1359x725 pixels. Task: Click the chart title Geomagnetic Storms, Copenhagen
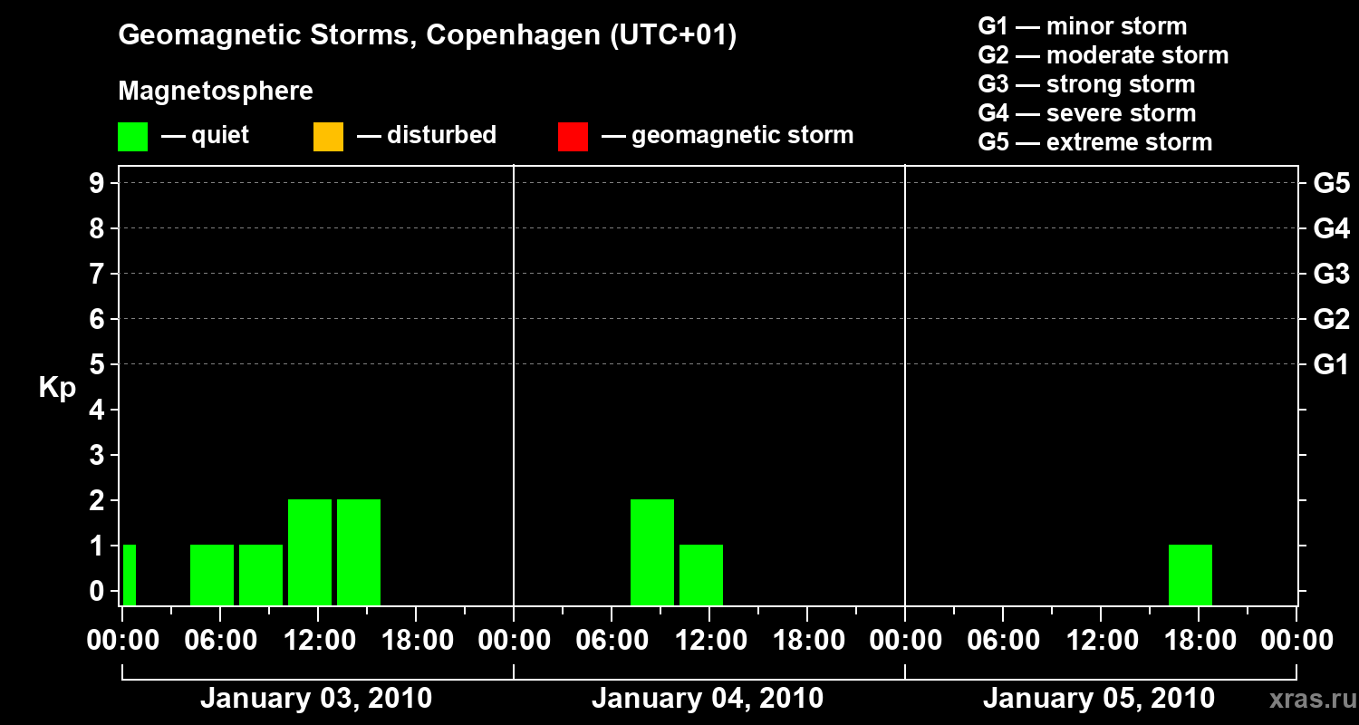pyautogui.click(x=427, y=35)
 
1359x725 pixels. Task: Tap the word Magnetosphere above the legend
pyautogui.click(x=216, y=92)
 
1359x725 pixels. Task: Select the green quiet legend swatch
pyautogui.click(x=132, y=137)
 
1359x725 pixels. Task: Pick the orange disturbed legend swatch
pyautogui.click(x=328, y=137)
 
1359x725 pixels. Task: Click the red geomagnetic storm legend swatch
pyautogui.click(x=573, y=137)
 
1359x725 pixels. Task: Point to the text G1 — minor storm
pyautogui.click(x=1082, y=26)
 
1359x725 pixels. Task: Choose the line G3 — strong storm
pyautogui.click(x=1086, y=84)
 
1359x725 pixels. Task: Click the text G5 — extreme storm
pyautogui.click(x=1094, y=142)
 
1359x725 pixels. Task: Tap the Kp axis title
pyautogui.click(x=57, y=388)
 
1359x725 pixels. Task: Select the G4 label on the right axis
pyautogui.click(x=1331, y=228)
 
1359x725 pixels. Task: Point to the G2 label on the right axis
pyautogui.click(x=1331, y=319)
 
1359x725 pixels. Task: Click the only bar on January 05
pyautogui.click(x=1190, y=575)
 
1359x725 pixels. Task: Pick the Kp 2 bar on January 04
pyautogui.click(x=652, y=552)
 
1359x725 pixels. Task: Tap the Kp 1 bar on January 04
pyautogui.click(x=701, y=575)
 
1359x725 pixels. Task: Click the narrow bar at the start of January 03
pyautogui.click(x=130, y=575)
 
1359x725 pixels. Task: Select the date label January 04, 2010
pyautogui.click(x=708, y=699)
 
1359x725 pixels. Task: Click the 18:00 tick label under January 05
pyautogui.click(x=1199, y=641)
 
